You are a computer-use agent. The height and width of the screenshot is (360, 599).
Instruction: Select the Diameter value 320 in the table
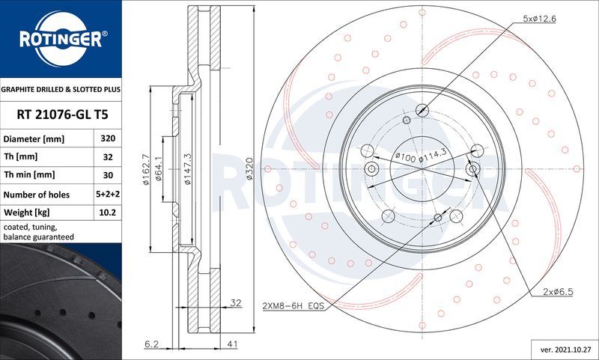tap(107, 139)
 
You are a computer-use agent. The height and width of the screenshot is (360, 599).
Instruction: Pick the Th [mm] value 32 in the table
tap(107, 157)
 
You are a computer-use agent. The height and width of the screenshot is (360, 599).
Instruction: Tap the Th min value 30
tap(107, 175)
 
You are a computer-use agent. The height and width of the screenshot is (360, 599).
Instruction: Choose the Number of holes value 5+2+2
tap(107, 195)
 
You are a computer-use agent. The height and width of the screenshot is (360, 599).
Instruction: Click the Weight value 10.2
tap(107, 213)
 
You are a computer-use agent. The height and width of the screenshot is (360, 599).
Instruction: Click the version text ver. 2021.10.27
tap(565, 350)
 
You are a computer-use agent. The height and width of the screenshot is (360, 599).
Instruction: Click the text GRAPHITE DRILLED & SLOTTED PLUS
tap(61, 89)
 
